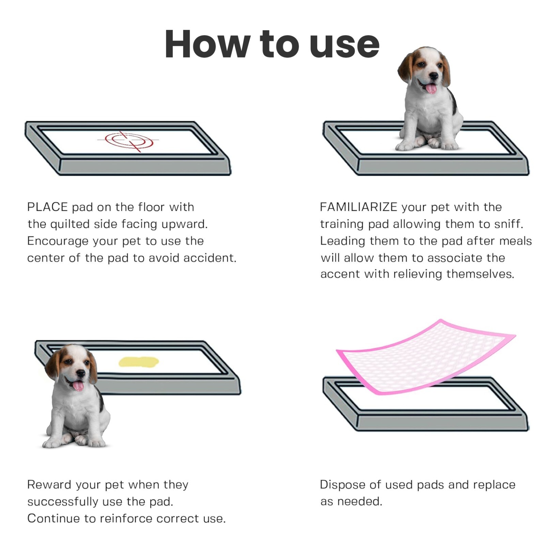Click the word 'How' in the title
(x=206, y=44)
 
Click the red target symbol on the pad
(x=129, y=140)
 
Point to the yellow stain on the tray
(x=138, y=362)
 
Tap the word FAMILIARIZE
(x=358, y=207)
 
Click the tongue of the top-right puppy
(x=431, y=89)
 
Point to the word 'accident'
(x=209, y=258)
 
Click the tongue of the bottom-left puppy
(x=78, y=386)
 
